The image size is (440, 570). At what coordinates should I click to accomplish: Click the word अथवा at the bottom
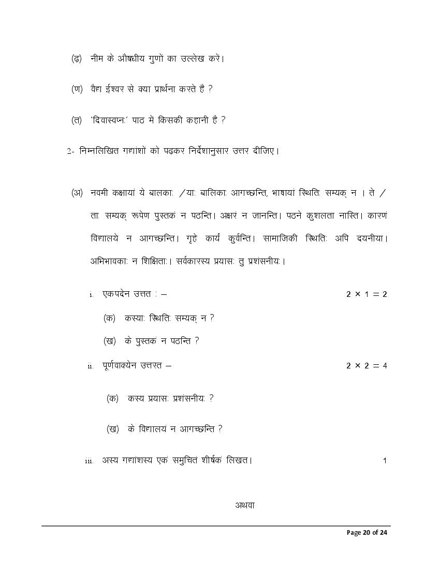pos(244,505)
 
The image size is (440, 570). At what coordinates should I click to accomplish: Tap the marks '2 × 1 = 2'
pos(366,294)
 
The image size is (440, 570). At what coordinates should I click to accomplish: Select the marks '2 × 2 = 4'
pos(366,366)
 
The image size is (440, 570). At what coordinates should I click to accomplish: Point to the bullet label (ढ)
pos(76,59)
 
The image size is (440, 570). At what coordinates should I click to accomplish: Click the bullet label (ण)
pos(77,89)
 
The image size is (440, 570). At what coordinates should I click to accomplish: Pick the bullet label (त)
pos(76,120)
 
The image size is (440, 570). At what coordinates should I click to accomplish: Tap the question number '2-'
pos(71,151)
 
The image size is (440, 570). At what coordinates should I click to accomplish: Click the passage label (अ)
pos(77,193)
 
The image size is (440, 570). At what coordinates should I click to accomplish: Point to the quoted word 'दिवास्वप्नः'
pos(116,120)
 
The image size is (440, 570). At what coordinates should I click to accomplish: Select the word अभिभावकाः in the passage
pos(107,261)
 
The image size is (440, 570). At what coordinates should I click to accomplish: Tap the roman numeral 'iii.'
pos(89,461)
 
